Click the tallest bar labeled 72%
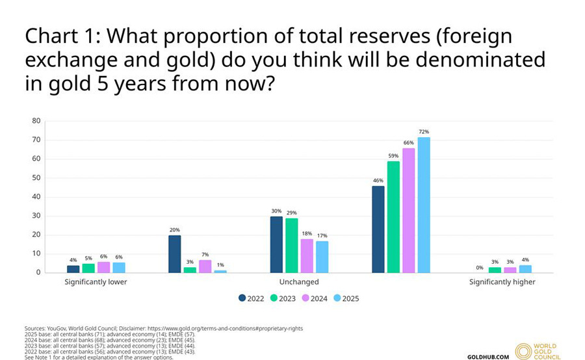point(424,205)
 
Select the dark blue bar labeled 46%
point(378,229)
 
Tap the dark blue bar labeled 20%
point(174,253)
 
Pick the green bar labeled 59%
point(393,216)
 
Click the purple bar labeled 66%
point(408,210)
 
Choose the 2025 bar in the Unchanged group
point(322,256)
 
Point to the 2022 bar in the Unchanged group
point(276,244)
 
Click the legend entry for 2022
point(251,298)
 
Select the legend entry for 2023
point(283,298)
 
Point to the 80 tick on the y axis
point(36,121)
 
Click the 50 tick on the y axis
point(36,177)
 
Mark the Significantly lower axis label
point(96,282)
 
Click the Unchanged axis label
point(299,282)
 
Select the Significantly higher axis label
point(502,282)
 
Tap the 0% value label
point(480,267)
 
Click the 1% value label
point(221,264)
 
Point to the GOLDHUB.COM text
point(488,357)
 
